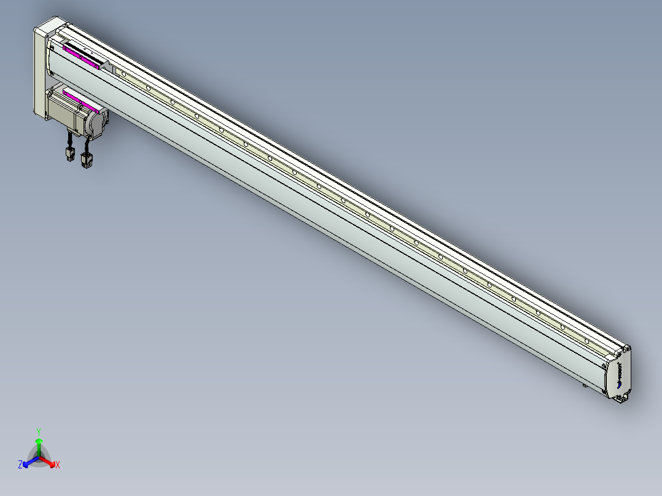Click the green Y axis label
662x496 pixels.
click(x=39, y=432)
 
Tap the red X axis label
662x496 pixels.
click(x=58, y=465)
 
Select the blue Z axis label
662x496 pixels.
click(x=20, y=465)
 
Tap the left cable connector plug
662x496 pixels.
click(x=69, y=154)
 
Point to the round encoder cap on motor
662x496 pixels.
click(x=97, y=122)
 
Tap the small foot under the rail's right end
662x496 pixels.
click(x=584, y=386)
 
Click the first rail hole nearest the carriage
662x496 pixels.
click(x=124, y=74)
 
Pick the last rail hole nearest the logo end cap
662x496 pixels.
click(x=587, y=341)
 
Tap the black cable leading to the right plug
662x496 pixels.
click(x=84, y=146)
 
